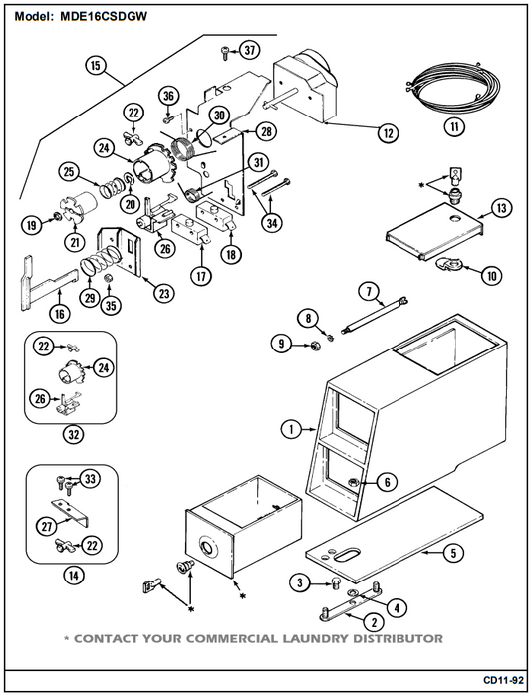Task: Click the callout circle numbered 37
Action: click(x=250, y=50)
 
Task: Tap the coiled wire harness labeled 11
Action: click(x=456, y=89)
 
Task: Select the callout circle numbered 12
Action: click(x=388, y=132)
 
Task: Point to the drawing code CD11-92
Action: click(x=503, y=680)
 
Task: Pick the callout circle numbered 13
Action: click(x=502, y=208)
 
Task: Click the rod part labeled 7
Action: click(x=375, y=314)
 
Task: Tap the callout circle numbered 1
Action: click(x=291, y=429)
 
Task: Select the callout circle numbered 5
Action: click(x=453, y=553)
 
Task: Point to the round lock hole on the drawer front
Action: click(x=207, y=546)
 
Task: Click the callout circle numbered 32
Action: click(x=73, y=434)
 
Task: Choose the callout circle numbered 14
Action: click(x=73, y=576)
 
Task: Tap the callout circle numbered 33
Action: click(x=90, y=479)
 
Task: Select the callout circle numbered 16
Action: click(x=59, y=314)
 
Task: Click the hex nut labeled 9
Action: click(x=313, y=345)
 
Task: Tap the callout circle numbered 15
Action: click(x=96, y=66)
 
